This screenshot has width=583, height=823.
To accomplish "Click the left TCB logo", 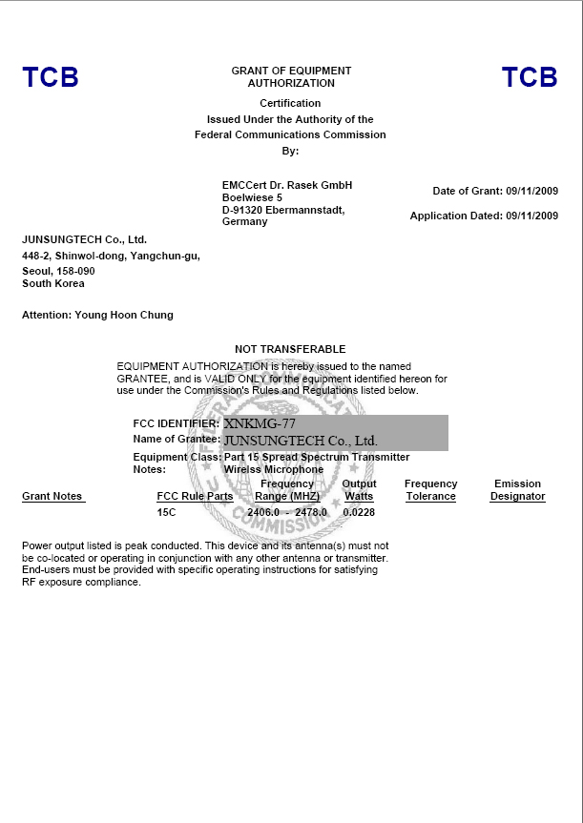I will click(51, 77).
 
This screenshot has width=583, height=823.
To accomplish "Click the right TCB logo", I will click(530, 77).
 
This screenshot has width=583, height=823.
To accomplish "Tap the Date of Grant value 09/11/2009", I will click(531, 191).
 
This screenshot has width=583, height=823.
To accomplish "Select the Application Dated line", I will click(484, 216).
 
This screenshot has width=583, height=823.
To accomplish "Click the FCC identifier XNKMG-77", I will click(260, 422).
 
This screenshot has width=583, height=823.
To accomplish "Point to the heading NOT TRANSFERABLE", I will click(290, 349).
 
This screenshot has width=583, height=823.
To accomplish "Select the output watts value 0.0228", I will click(359, 512).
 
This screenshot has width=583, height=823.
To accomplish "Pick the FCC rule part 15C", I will click(166, 512).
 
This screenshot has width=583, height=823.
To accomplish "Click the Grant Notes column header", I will click(52, 496).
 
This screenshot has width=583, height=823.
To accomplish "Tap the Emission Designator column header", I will click(517, 490).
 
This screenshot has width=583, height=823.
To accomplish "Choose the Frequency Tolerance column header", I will click(430, 490).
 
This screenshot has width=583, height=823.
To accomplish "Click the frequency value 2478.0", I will click(311, 512).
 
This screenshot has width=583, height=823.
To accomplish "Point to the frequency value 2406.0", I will click(262, 512).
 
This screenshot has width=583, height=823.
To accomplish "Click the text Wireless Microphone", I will click(273, 469).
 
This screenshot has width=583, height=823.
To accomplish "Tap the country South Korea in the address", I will click(53, 283).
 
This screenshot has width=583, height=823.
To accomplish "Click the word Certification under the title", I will click(290, 103).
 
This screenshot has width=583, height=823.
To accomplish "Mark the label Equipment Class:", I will click(176, 457).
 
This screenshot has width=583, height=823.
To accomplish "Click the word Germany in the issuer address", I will click(244, 221).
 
